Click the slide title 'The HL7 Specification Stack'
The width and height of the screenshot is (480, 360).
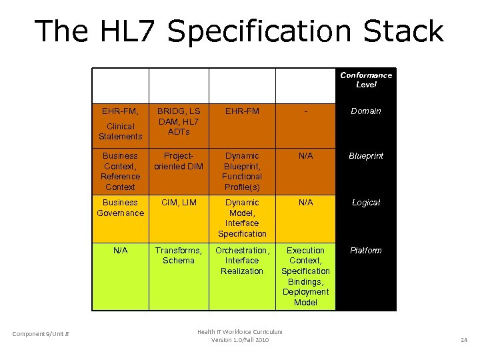coord(239,31)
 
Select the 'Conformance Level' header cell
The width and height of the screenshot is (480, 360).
coord(366,79)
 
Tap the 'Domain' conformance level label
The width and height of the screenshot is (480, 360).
coord(366,111)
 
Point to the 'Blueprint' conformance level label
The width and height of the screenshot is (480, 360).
coord(366,156)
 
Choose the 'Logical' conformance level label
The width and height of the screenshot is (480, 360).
coord(366,203)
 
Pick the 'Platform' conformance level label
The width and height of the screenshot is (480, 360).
coord(366,251)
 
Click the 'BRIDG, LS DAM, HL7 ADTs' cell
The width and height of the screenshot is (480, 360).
coord(179,121)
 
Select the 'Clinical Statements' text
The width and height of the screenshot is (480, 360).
coord(120,131)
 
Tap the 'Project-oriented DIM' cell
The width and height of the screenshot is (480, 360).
coord(179,161)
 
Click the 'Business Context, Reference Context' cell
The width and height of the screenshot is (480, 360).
coord(120,171)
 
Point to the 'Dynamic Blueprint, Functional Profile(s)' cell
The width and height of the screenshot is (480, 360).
coord(242,171)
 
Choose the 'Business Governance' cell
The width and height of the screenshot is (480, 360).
coord(120,207)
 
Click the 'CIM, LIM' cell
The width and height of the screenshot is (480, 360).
coord(179,203)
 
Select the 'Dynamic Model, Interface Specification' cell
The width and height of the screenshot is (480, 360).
coord(242,218)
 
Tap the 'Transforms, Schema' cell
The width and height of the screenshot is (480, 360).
coord(179,255)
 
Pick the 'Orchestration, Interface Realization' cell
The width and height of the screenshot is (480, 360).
coord(242,261)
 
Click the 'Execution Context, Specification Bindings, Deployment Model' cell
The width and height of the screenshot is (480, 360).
coord(305,276)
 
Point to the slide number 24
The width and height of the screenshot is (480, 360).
coord(464,340)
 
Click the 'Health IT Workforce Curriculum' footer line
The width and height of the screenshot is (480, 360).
coord(240,331)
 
